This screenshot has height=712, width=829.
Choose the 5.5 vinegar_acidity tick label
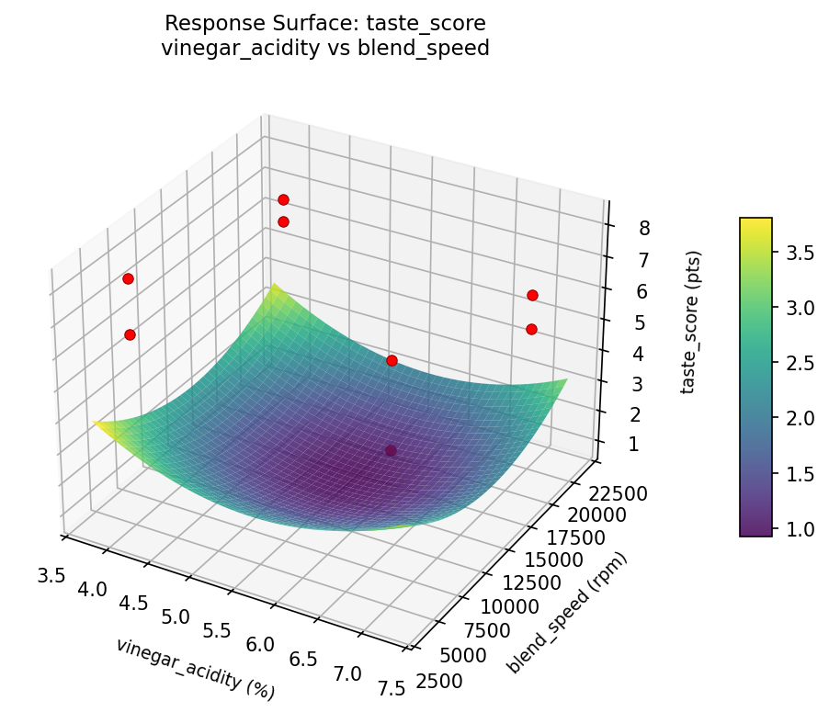217,632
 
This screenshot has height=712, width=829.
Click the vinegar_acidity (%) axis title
195,666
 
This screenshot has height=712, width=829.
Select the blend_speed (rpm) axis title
569,614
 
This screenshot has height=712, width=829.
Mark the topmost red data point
283,199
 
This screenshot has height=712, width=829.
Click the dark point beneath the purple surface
392,450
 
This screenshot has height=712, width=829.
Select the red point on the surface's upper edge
392,360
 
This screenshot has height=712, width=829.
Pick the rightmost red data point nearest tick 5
531,329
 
